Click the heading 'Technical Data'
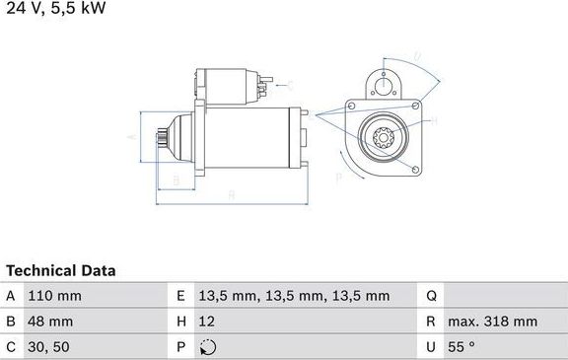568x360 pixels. (x=61, y=270)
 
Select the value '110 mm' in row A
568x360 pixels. (x=55, y=296)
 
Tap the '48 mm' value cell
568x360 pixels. (x=51, y=321)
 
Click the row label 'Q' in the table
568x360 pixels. (x=432, y=296)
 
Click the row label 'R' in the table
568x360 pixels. (x=432, y=321)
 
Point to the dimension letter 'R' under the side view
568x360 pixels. (x=230, y=195)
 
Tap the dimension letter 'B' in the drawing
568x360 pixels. (x=175, y=180)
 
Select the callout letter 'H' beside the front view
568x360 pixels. (x=436, y=120)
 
